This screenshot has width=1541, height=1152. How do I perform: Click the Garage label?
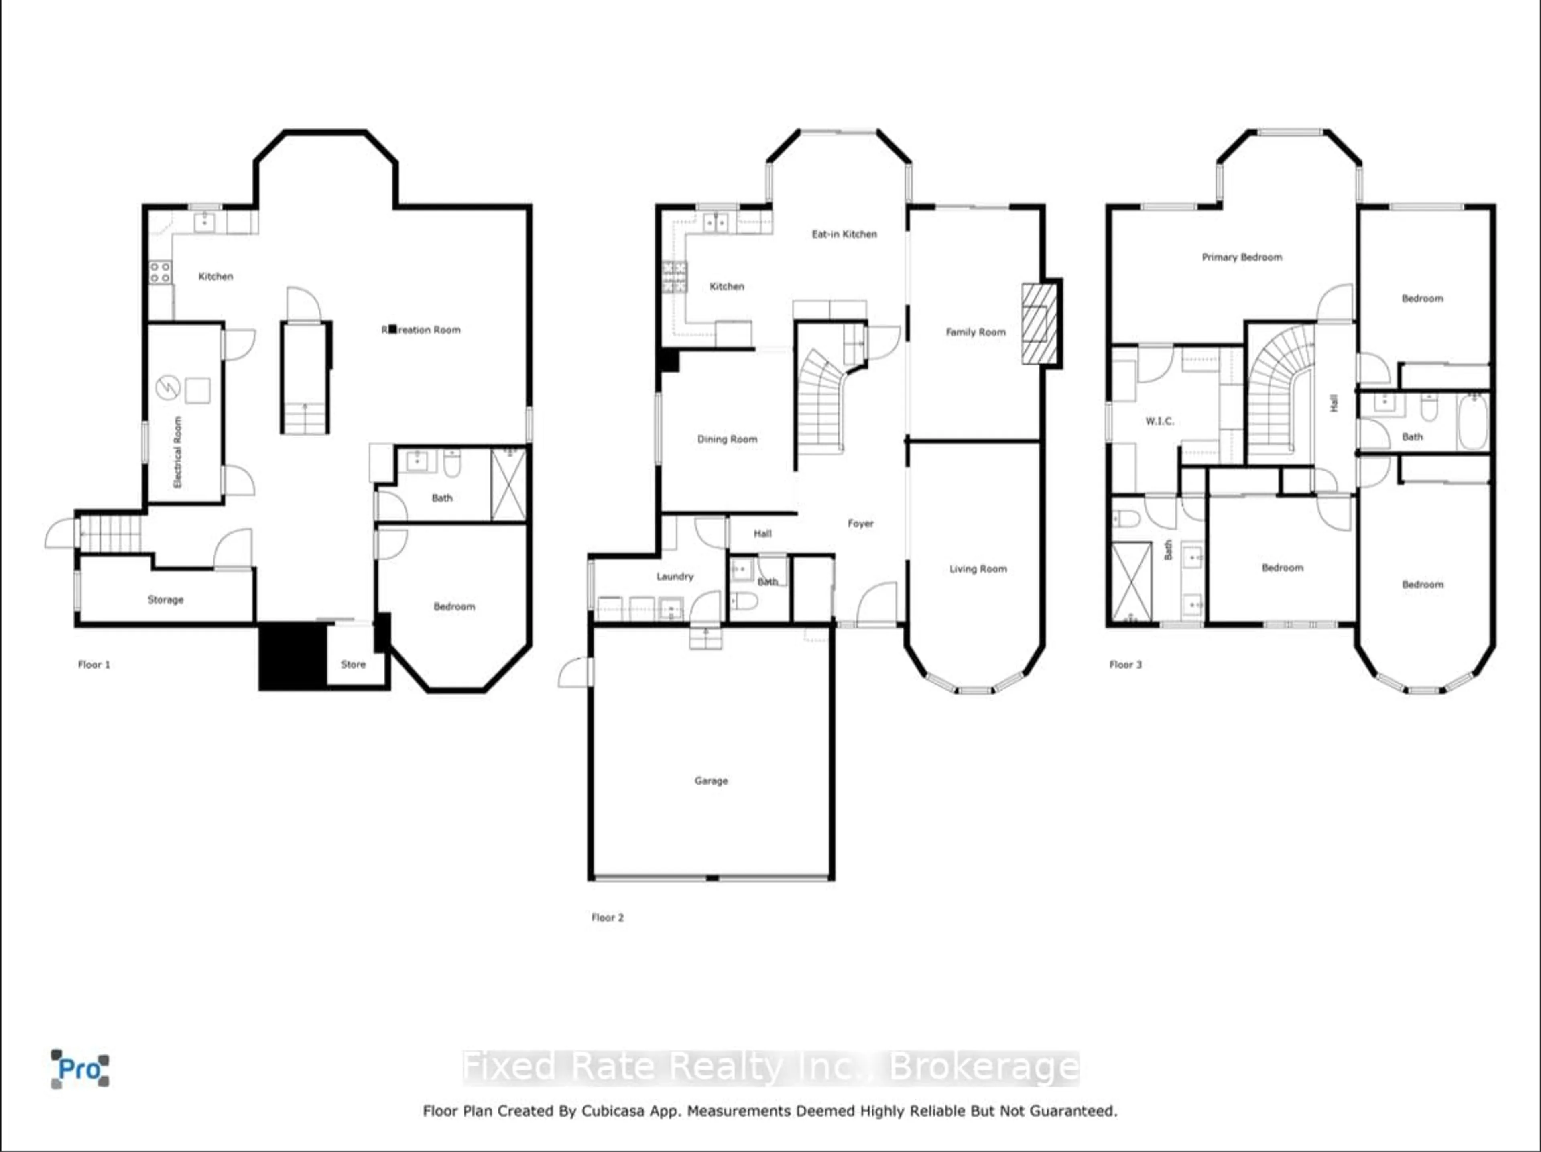pyautogui.click(x=711, y=781)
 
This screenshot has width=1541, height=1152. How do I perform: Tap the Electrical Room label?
pyautogui.click(x=177, y=452)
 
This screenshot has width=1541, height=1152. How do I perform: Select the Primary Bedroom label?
pyautogui.click(x=1242, y=257)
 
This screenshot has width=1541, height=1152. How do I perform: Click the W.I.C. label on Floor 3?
pyautogui.click(x=1159, y=421)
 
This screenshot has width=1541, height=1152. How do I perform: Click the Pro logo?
pyautogui.click(x=79, y=1068)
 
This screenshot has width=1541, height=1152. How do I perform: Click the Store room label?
pyautogui.click(x=353, y=664)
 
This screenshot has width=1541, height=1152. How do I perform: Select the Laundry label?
pyautogui.click(x=674, y=576)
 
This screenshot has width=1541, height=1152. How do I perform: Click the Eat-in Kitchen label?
pyautogui.click(x=844, y=234)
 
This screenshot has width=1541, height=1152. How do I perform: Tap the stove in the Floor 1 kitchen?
pyautogui.click(x=160, y=272)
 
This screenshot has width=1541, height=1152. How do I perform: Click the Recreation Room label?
pyautogui.click(x=421, y=330)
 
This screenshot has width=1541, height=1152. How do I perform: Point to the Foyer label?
pyautogui.click(x=860, y=523)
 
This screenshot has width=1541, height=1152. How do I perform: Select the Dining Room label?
pyautogui.click(x=727, y=439)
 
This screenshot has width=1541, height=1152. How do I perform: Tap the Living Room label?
pyautogui.click(x=978, y=569)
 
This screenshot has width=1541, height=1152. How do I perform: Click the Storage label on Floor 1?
pyautogui.click(x=165, y=599)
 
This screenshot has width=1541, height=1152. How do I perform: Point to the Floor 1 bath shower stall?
pyautogui.click(x=508, y=484)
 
